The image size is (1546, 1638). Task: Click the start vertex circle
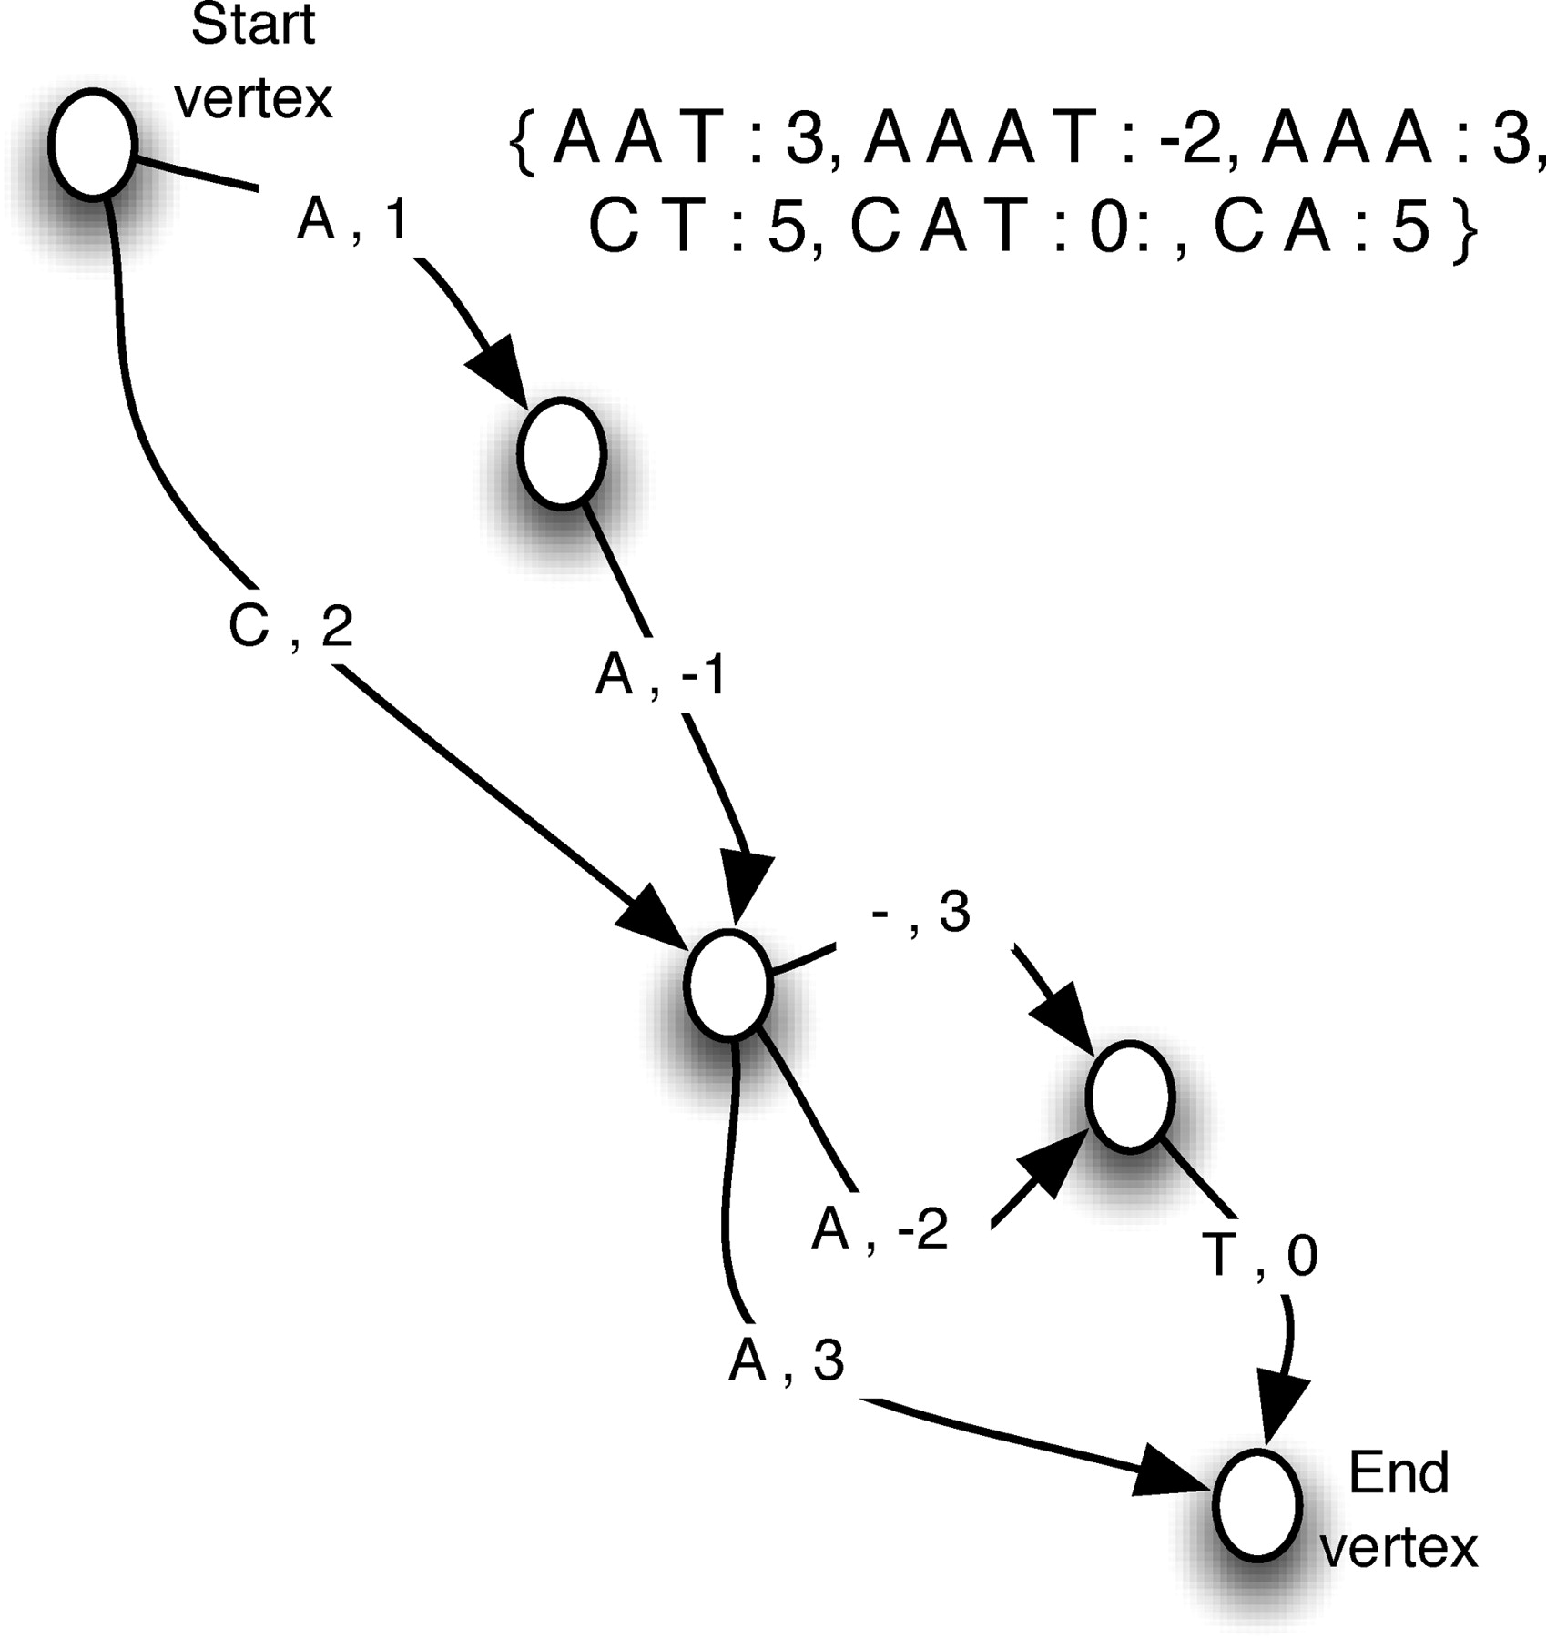pyautogui.click(x=93, y=144)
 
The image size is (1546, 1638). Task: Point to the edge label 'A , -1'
pyautogui.click(x=659, y=676)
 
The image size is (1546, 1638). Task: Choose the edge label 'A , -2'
pyautogui.click(x=880, y=1229)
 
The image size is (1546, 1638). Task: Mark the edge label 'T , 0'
pyautogui.click(x=1265, y=1257)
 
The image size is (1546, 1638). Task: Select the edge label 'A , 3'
pyautogui.click(x=787, y=1362)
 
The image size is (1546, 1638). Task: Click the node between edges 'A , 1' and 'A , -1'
pyautogui.click(x=562, y=452)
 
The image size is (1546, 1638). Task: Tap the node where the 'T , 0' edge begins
pyautogui.click(x=1130, y=1097)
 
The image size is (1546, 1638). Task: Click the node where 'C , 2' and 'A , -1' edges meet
pyautogui.click(x=727, y=984)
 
